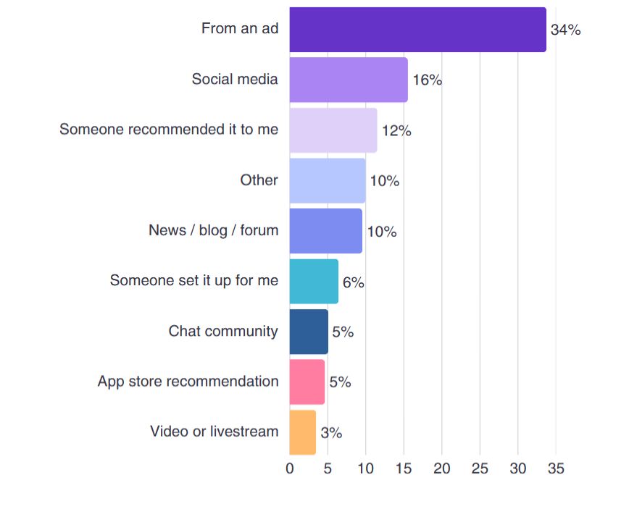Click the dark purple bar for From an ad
[x=417, y=30]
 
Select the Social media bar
[x=349, y=80]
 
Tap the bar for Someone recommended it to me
[x=333, y=130]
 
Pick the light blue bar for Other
[x=328, y=180]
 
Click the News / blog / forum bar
[x=326, y=231]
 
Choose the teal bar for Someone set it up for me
[x=314, y=281]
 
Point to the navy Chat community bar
[x=309, y=332]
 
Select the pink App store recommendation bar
[x=307, y=382]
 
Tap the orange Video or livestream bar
[x=303, y=432]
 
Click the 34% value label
[x=565, y=30]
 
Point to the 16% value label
[x=427, y=80]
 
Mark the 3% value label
[x=331, y=433]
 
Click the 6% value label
[x=353, y=282]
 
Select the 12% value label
[x=396, y=131]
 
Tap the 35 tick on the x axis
[x=556, y=468]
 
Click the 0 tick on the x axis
[x=290, y=468]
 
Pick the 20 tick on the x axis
[x=441, y=468]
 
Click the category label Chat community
[x=223, y=331]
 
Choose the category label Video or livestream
[x=214, y=432]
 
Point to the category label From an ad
[x=239, y=29]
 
